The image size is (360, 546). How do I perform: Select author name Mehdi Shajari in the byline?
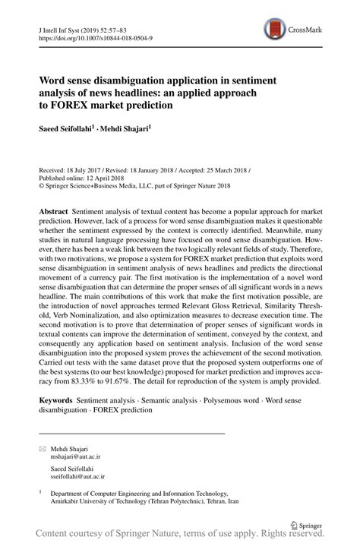click(x=125, y=129)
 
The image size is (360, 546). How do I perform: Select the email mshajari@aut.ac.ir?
click(x=77, y=458)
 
